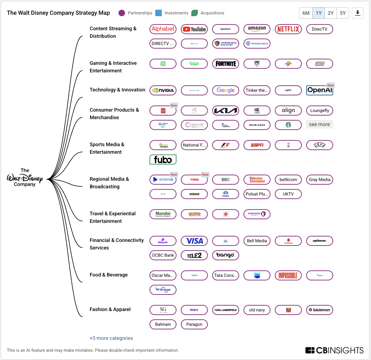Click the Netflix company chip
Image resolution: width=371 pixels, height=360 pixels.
tap(288, 29)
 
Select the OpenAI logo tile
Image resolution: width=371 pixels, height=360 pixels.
tap(319, 90)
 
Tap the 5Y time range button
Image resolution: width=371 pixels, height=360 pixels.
tap(343, 13)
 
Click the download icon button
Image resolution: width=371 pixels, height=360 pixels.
tap(357, 13)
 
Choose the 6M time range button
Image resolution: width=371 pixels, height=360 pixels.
tap(306, 13)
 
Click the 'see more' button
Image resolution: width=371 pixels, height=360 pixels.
tap(319, 124)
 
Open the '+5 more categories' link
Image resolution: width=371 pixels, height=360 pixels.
tap(111, 338)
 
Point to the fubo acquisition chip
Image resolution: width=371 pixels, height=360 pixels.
tap(163, 159)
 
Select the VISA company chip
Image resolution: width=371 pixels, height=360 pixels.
tap(194, 241)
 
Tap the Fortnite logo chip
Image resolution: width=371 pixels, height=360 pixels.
tap(225, 64)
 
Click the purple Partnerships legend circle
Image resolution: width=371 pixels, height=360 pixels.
tap(122, 13)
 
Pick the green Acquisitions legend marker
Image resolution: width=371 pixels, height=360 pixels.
tap(195, 13)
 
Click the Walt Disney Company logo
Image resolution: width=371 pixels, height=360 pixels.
tap(25, 177)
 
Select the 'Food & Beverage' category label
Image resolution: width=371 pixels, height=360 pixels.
tap(109, 275)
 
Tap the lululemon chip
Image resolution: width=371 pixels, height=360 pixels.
tap(319, 310)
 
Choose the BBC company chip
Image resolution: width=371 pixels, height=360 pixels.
tap(225, 180)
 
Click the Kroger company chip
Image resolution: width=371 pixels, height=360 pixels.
tap(163, 290)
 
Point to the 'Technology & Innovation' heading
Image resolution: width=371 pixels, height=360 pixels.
tap(117, 90)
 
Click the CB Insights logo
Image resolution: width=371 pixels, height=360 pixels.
tap(334, 350)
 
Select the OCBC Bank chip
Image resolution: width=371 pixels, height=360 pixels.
tap(163, 255)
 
